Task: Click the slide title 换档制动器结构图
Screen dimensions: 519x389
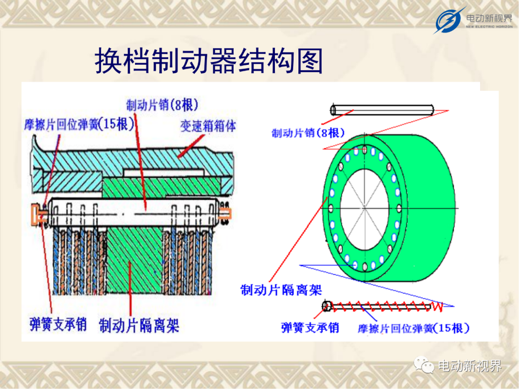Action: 209,61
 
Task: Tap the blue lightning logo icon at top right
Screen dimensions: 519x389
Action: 448,20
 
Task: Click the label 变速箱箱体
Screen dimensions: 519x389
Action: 208,126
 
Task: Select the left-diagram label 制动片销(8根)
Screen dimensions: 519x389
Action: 162,105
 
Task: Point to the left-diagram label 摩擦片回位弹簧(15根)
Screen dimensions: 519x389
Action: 79,124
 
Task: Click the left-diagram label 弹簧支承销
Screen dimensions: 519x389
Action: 58,324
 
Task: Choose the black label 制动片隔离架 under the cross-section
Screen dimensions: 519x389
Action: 139,325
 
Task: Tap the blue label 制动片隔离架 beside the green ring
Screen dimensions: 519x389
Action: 281,290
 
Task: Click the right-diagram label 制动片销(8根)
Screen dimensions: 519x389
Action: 308,133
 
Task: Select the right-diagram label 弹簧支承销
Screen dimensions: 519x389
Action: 310,328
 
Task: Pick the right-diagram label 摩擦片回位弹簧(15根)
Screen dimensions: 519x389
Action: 413,328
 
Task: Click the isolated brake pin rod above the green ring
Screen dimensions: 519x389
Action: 383,110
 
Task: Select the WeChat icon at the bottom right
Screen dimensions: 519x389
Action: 424,365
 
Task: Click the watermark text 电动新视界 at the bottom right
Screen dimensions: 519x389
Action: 470,366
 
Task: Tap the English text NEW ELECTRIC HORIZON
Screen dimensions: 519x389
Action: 489,26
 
